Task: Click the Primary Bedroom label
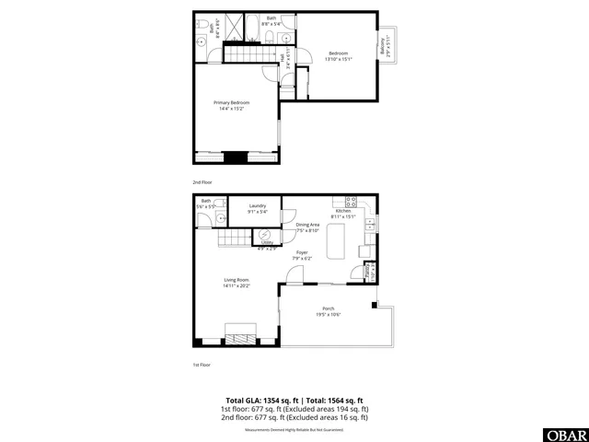[233, 105]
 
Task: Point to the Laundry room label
[257, 209]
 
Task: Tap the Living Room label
[237, 283]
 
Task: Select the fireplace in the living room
[243, 333]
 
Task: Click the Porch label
[329, 311]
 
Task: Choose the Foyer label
[302, 255]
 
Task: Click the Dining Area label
[307, 227]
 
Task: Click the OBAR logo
[565, 434]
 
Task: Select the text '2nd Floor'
[202, 182]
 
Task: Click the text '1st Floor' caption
[202, 365]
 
